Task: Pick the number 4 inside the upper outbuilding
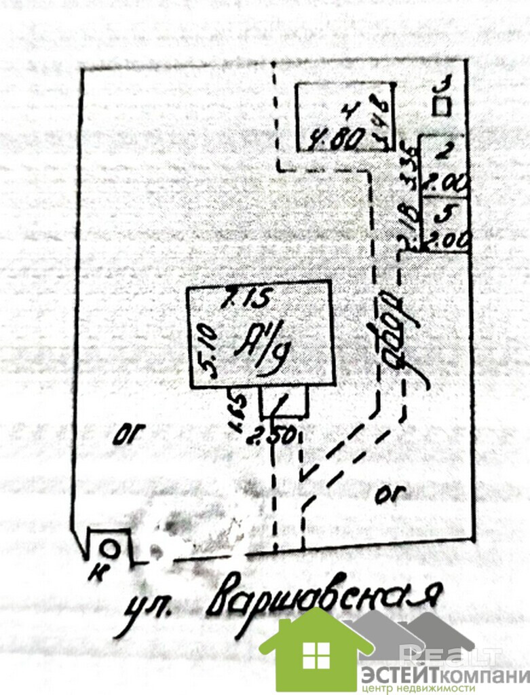347,109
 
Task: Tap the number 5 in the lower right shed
444,213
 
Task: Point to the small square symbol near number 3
443,107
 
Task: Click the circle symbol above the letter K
111,548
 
